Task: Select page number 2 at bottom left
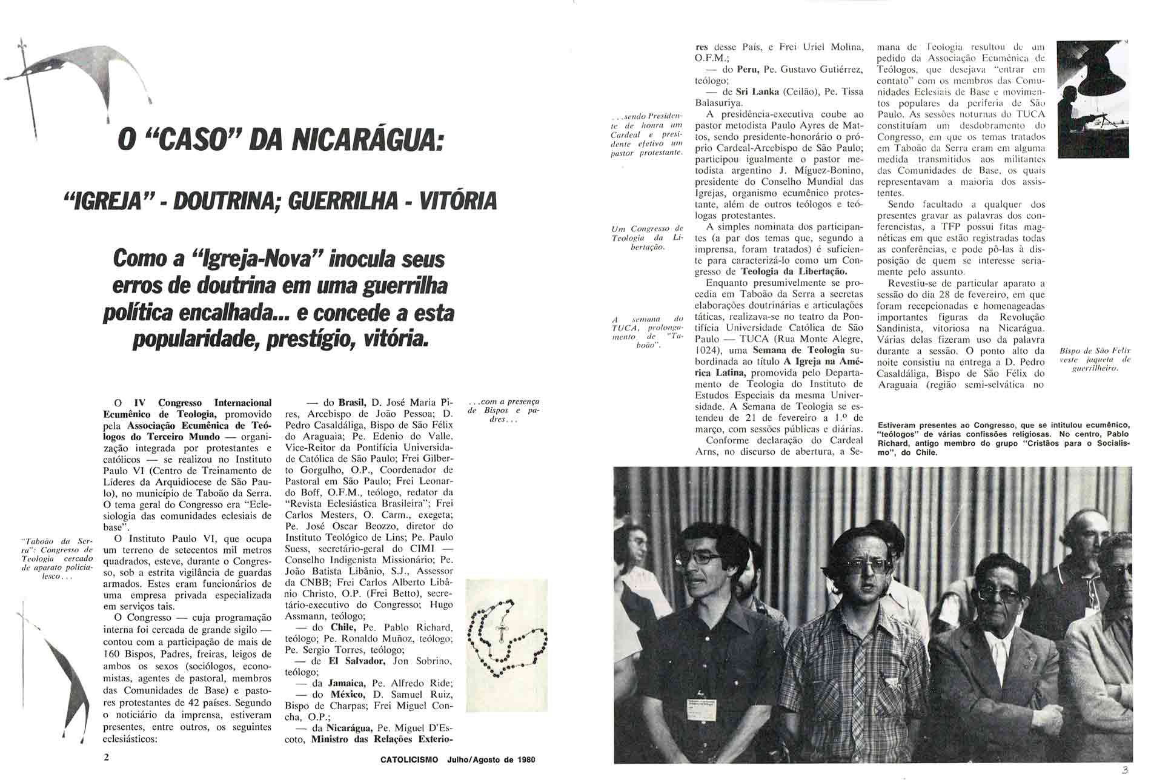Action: click(107, 758)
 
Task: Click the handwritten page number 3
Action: click(1124, 770)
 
